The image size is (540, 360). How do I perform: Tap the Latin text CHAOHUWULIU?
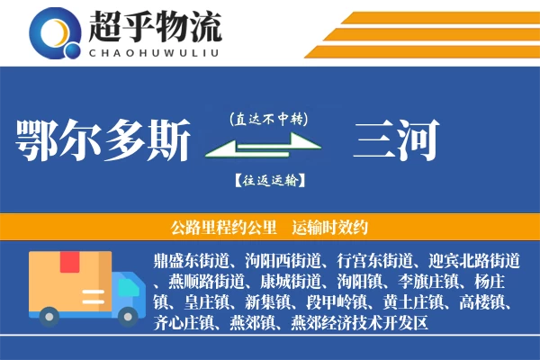coord(154,50)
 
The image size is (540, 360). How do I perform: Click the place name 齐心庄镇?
coord(184,321)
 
